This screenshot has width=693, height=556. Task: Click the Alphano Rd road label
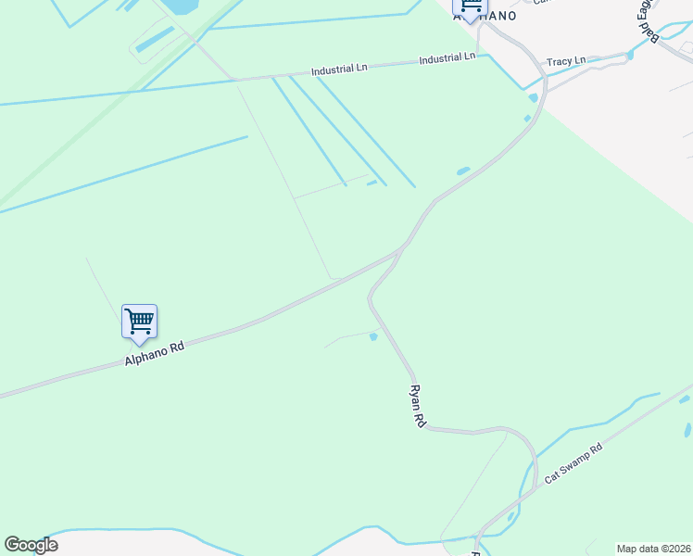[155, 353]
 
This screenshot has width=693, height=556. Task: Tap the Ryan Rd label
[418, 406]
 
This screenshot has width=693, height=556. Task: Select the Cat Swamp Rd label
[573, 462]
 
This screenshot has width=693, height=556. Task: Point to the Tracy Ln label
[566, 61]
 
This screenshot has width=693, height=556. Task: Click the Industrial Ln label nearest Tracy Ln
[447, 57]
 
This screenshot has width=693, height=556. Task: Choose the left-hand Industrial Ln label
[338, 70]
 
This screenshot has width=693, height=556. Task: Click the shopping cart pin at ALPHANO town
[470, 7]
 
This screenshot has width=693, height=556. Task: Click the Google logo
[31, 545]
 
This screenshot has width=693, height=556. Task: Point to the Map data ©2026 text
[653, 549]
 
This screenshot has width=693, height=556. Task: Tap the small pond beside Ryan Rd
[373, 336]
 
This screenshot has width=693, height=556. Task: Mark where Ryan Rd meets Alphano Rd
[400, 250]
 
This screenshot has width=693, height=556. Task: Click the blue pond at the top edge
[181, 6]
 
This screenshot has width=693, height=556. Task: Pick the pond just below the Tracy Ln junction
[533, 97]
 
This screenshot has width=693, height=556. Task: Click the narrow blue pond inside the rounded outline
[155, 39]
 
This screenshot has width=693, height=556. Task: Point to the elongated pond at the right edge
[687, 430]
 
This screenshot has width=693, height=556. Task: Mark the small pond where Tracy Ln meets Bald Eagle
[630, 56]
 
